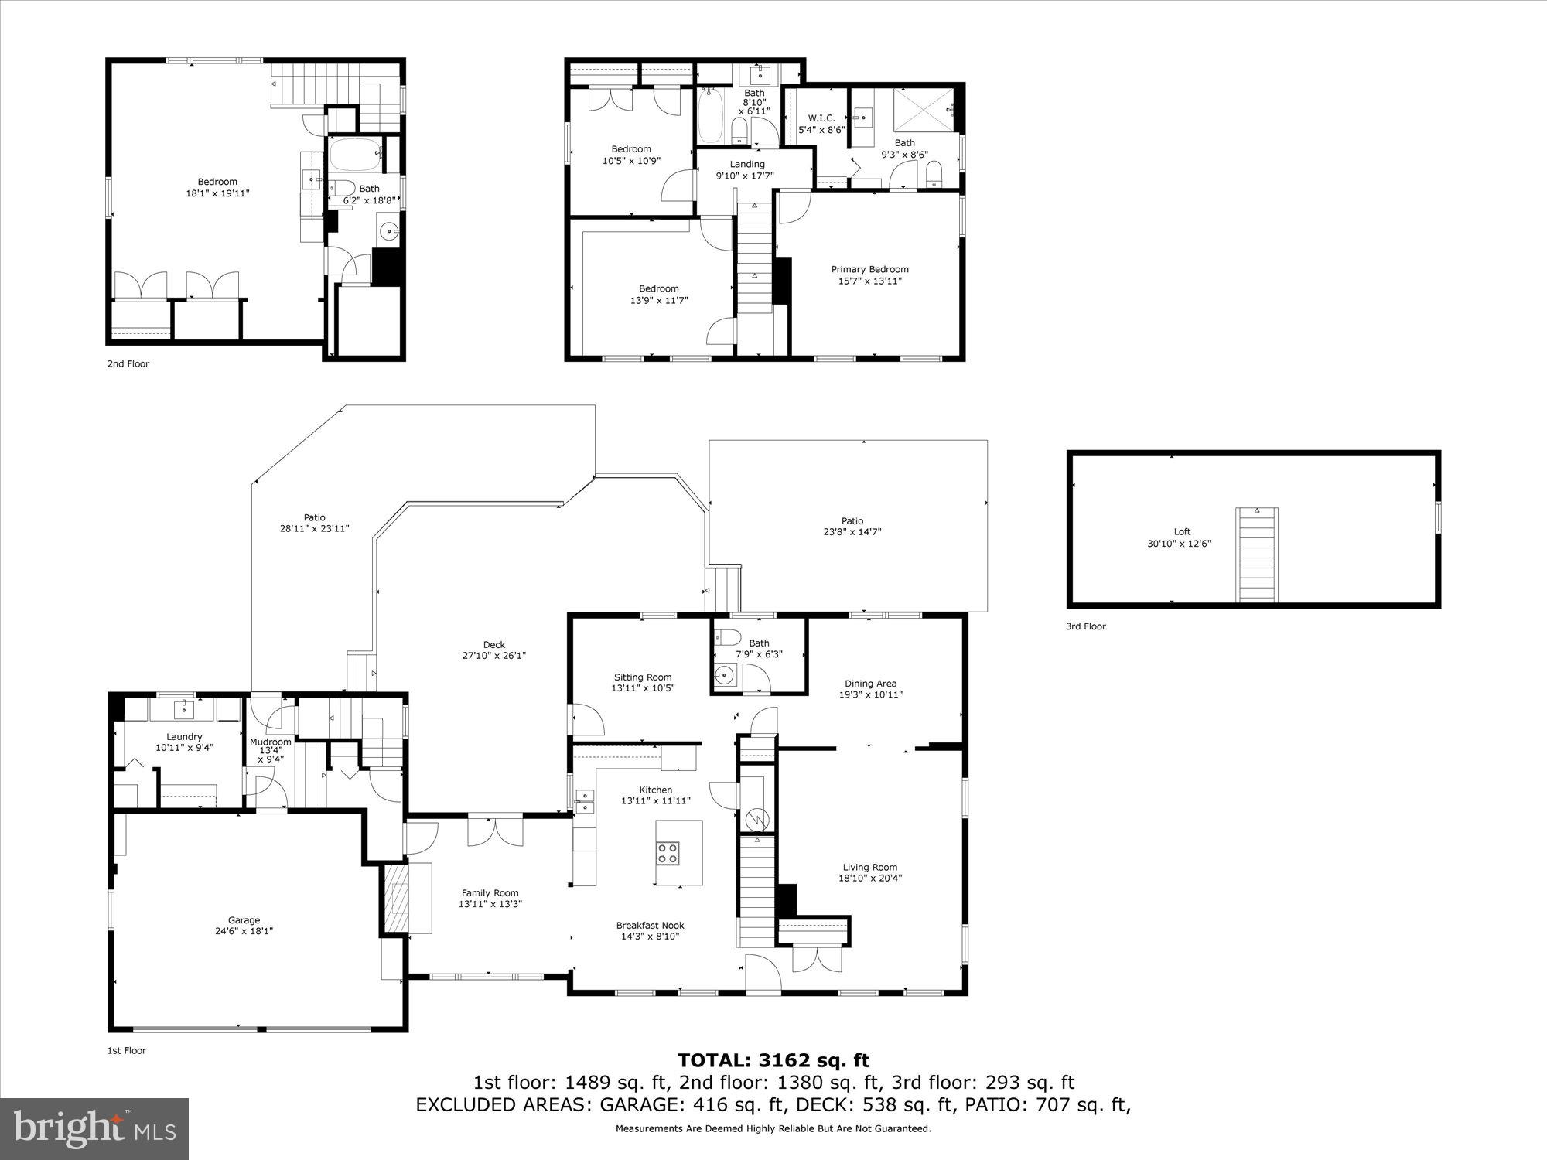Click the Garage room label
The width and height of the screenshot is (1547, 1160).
click(x=244, y=920)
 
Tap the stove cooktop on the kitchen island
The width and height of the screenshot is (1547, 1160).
click(x=668, y=852)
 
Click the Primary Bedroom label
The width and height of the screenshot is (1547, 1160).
click(x=869, y=269)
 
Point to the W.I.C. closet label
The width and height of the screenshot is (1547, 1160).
click(x=821, y=118)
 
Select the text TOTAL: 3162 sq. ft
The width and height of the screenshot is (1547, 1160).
click(x=773, y=1060)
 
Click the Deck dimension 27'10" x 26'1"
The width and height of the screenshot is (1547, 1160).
click(x=494, y=656)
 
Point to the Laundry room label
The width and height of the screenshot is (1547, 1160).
click(x=184, y=737)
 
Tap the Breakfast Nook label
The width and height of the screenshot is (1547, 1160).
click(x=650, y=925)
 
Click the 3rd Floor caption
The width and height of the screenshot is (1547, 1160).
click(x=1085, y=626)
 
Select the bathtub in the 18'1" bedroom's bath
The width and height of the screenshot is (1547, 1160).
click(x=355, y=154)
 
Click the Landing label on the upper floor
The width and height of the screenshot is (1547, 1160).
click(x=747, y=164)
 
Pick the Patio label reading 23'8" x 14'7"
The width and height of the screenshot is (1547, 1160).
click(x=852, y=532)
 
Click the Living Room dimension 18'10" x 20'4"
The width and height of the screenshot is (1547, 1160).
click(x=870, y=878)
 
